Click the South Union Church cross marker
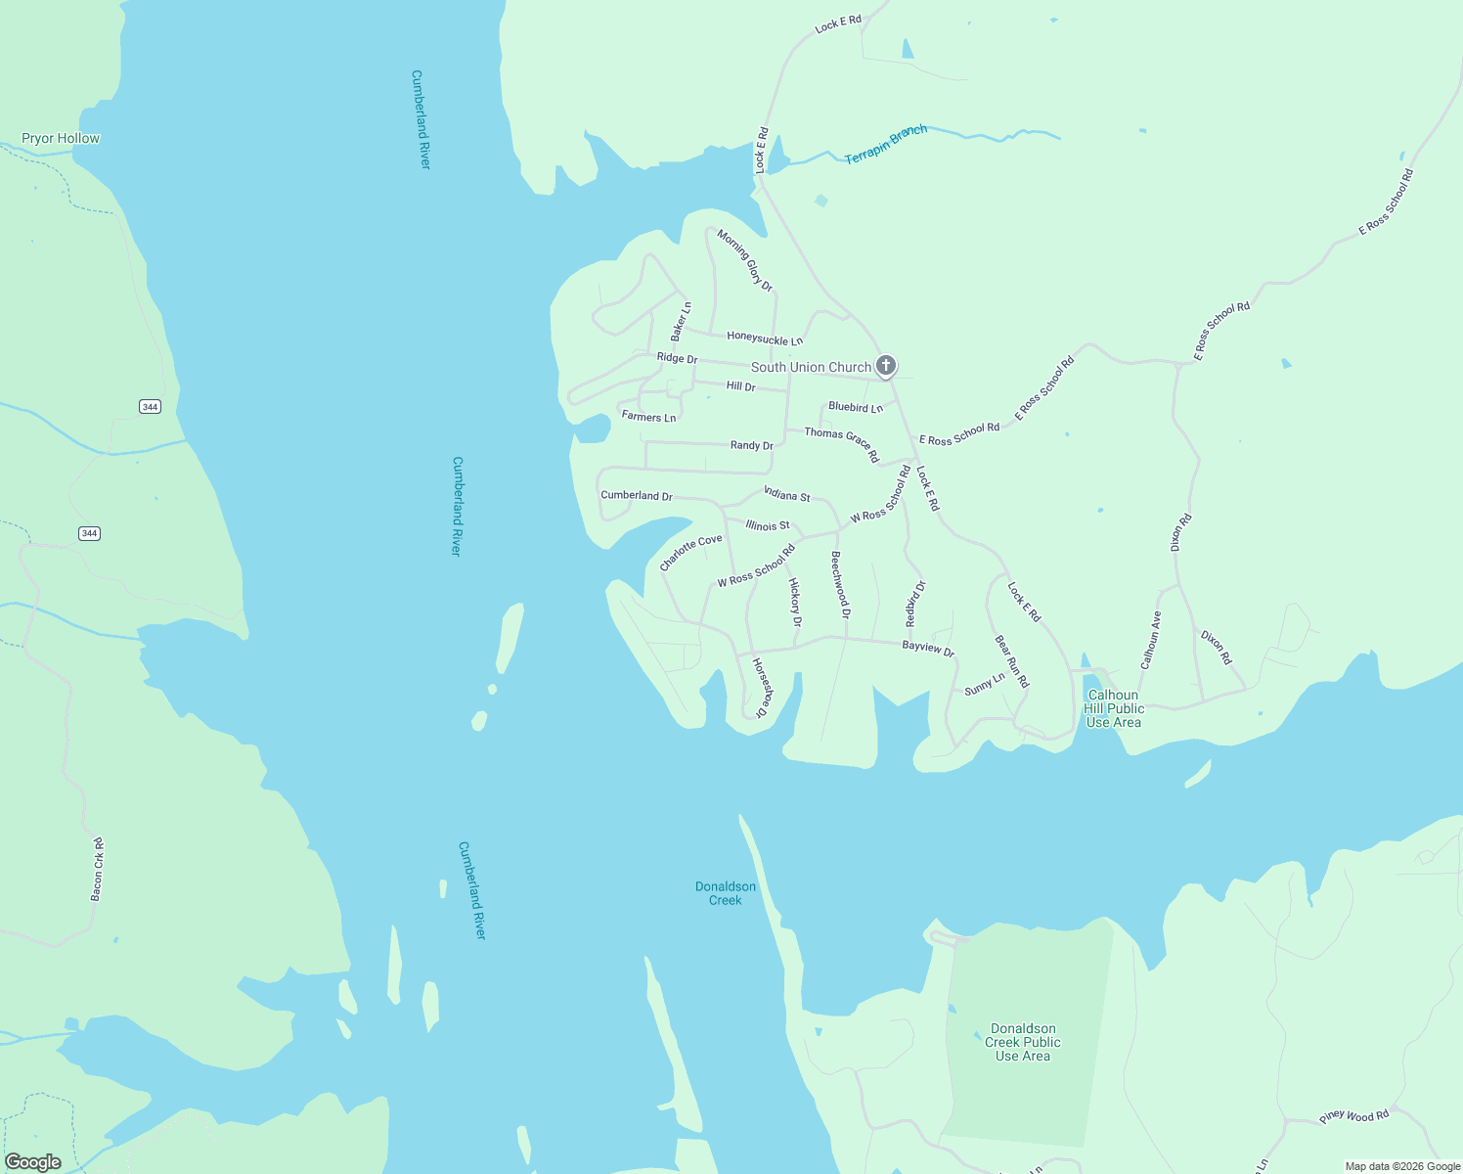(885, 366)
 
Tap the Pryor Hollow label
(61, 138)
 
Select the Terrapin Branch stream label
(886, 144)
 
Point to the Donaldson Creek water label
(726, 893)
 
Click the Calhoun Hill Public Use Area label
(1113, 708)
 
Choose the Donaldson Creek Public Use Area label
(1023, 1042)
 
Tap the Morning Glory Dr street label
(745, 260)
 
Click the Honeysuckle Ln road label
(765, 339)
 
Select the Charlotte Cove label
(690, 552)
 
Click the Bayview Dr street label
(927, 648)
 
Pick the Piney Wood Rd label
(1353, 1116)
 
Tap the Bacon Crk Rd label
(97, 869)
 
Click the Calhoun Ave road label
(1150, 640)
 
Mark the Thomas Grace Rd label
(842, 444)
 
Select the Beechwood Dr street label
(840, 585)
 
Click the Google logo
(33, 1162)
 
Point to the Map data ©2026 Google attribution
(1402, 1166)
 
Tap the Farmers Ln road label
(648, 417)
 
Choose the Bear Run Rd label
(1012, 661)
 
